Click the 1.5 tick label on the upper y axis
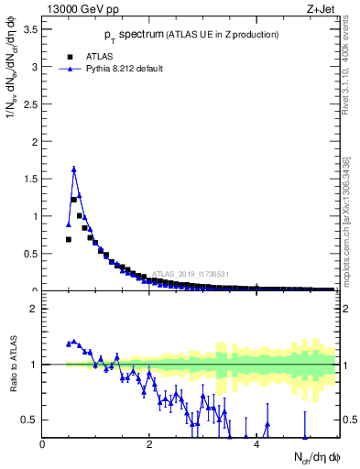pos(30,180)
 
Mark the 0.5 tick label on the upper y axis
pos(30,255)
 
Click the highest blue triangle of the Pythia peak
pos(73,169)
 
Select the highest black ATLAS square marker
pos(73,200)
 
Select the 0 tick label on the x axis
pos(42,443)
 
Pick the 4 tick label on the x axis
pos(256,443)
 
